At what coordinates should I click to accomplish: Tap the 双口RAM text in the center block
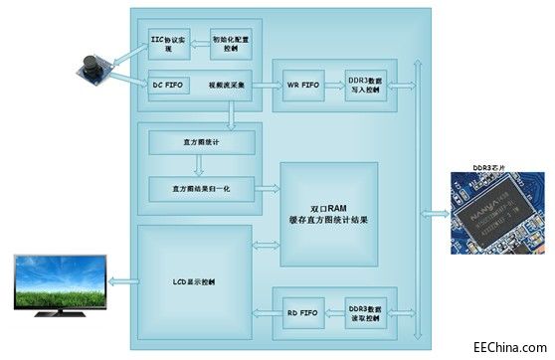pos(329,204)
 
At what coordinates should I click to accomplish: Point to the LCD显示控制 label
pos(195,280)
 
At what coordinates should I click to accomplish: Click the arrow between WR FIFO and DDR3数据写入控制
pos(331,85)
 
